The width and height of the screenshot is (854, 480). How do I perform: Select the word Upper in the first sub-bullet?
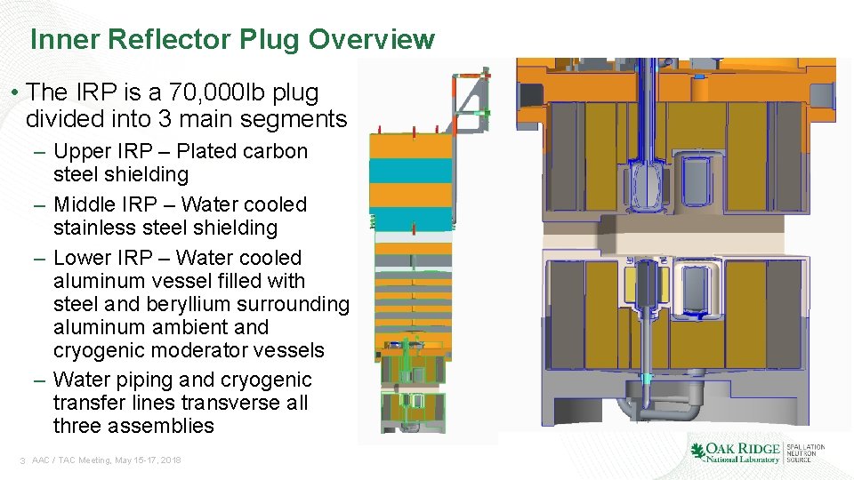(x=81, y=152)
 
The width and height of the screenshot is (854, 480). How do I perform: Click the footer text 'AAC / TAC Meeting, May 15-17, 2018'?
(x=106, y=460)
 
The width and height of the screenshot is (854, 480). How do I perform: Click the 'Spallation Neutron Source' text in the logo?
(x=804, y=453)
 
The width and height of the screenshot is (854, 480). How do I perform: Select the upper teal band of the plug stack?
(x=410, y=171)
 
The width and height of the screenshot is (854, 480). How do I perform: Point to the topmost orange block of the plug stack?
(x=410, y=147)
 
